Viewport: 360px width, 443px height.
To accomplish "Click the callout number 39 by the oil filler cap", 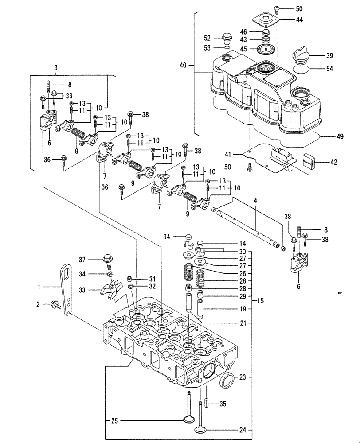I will [329, 56].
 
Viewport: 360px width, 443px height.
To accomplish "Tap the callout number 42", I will [333, 162].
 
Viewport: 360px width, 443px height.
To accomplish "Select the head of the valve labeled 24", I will [202, 429].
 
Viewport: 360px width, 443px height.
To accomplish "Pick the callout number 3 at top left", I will [55, 68].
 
